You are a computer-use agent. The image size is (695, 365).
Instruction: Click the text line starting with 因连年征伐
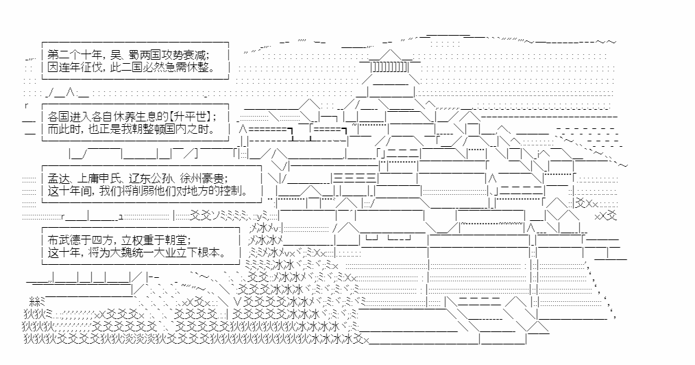pos(132,68)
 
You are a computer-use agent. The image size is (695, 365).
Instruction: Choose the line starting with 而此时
pos(132,129)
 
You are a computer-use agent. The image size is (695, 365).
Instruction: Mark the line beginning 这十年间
pos(148,191)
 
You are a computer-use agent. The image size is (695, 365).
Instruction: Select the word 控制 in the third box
pos(232,191)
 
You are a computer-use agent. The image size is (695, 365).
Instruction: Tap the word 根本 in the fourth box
pos(210,252)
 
